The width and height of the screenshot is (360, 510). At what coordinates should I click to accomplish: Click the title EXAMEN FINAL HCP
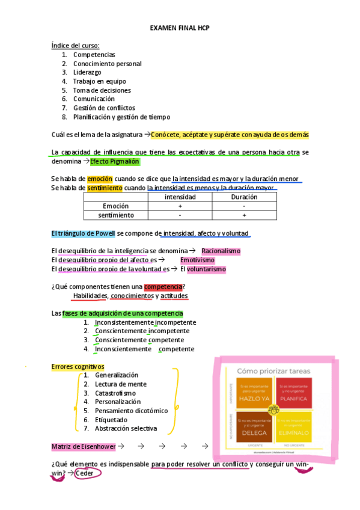[179, 28]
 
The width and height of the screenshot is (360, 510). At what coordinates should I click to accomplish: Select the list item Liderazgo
[87, 72]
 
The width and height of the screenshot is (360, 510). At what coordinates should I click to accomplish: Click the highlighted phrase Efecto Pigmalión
[115, 162]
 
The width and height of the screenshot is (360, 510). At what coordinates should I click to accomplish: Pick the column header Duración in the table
[244, 197]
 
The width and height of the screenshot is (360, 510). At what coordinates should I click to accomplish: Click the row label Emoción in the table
[116, 206]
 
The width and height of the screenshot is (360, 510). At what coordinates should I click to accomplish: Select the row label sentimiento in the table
[116, 215]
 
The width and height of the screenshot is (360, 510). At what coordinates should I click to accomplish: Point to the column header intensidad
[180, 197]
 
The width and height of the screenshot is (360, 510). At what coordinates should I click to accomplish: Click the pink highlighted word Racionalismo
[221, 251]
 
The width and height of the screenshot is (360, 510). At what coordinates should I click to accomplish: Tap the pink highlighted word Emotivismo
[197, 260]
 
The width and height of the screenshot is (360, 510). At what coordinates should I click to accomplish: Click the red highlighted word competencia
[163, 286]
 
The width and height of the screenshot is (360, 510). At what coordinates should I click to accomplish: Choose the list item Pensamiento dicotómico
[131, 411]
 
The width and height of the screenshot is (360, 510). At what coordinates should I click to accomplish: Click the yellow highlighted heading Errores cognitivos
[78, 366]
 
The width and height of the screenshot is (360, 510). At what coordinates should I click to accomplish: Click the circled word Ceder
[88, 473]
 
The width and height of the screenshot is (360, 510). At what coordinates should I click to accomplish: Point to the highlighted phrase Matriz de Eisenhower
[84, 446]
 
